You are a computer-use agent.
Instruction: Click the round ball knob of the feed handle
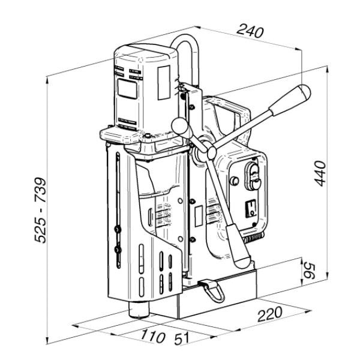coord(178,125)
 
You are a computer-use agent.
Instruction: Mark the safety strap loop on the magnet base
coord(210,290)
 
